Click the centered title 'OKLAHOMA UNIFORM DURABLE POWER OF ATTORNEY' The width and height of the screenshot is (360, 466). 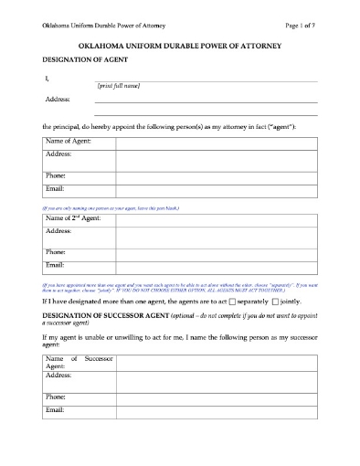click(180, 44)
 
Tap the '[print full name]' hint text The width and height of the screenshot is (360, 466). click(118, 84)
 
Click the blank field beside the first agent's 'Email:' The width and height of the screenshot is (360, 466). click(216, 189)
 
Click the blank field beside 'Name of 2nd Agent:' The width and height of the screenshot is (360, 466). click(216, 219)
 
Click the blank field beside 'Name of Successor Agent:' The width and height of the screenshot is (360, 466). click(216, 362)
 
